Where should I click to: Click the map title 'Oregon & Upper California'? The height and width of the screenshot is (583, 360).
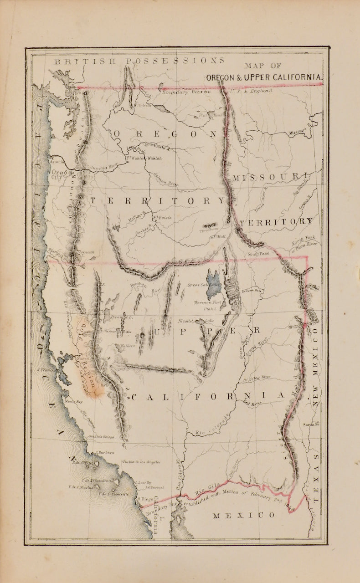tap(264, 77)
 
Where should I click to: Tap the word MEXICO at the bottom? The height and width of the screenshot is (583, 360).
tap(244, 515)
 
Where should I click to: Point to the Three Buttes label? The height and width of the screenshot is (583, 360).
tap(209, 230)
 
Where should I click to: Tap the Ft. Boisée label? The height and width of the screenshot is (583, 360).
tap(162, 218)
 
